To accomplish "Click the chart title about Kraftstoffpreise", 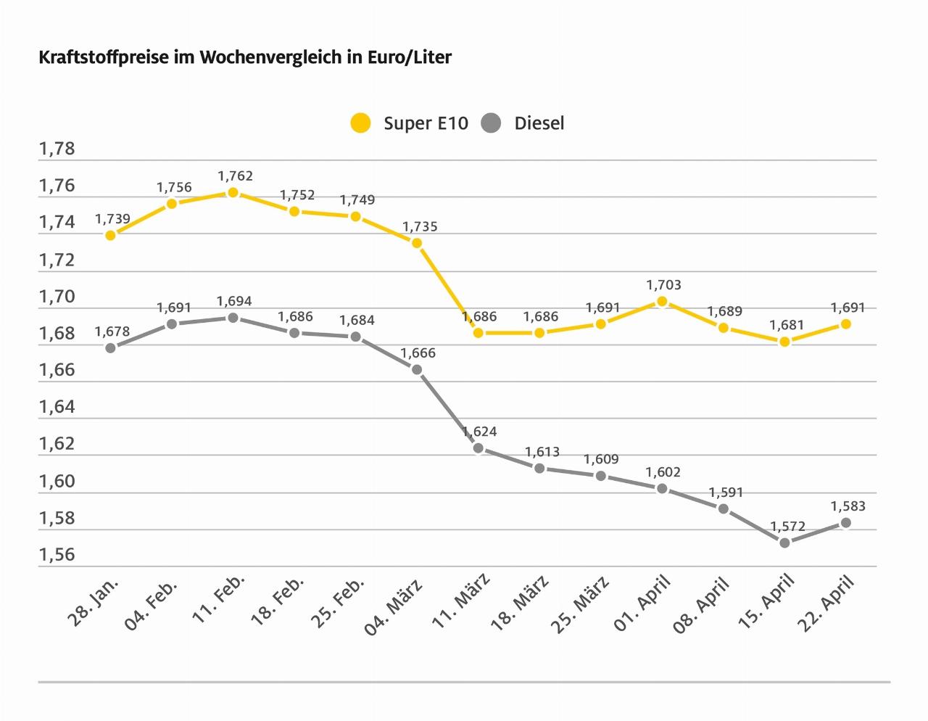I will coord(245,57).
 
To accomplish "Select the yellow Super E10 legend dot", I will coord(360,123).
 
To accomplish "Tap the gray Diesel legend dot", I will coord(492,123).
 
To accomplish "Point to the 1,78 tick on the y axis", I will coord(57,149).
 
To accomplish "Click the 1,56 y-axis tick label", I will coord(57,555).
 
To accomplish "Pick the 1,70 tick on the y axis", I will coord(57,297).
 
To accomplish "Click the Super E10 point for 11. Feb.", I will coord(233,193).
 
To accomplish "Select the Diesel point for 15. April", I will coord(784,543).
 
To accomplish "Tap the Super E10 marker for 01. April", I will coord(662,302).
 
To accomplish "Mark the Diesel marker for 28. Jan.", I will coord(110,348).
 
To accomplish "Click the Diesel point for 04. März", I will coord(417,370).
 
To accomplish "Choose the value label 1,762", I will coord(235,176).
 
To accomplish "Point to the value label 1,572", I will coord(787,526).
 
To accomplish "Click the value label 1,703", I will coord(664,285).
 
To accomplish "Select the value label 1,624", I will coord(479,432).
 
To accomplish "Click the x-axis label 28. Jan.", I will coord(94,601).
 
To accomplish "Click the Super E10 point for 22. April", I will coord(845,324).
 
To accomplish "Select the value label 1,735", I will coord(420,227).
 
